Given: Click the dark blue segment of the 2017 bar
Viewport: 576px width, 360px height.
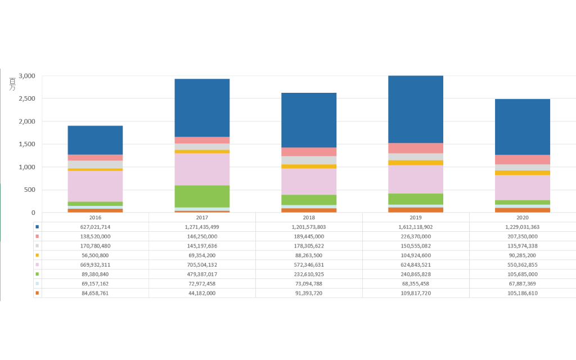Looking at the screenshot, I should (202, 107).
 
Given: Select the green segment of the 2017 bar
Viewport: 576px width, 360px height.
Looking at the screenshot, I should (202, 196).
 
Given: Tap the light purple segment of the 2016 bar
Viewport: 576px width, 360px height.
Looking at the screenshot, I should (95, 186).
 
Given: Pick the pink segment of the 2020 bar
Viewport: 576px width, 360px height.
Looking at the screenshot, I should (522, 160).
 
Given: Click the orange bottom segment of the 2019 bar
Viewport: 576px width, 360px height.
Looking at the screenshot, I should (416, 210).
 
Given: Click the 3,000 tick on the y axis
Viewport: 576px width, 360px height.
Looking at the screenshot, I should (27, 76).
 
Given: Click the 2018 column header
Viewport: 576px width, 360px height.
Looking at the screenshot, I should (309, 217).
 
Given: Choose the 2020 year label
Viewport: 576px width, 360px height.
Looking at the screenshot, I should (522, 217).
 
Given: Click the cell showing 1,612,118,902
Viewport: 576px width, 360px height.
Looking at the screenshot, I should (416, 227).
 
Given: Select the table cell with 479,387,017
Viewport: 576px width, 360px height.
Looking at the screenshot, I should (202, 274).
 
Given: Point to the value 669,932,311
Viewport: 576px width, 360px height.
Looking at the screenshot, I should (95, 264).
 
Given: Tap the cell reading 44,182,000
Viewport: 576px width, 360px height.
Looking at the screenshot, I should (202, 293).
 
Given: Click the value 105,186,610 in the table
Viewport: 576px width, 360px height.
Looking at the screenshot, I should (522, 293).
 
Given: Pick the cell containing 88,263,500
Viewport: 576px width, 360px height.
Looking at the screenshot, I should (309, 255).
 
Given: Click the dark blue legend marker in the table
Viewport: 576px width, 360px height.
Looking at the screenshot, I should (37, 227).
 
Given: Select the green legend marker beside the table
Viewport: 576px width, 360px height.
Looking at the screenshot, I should (37, 274).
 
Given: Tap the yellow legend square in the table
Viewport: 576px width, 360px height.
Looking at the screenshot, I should (37, 255).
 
